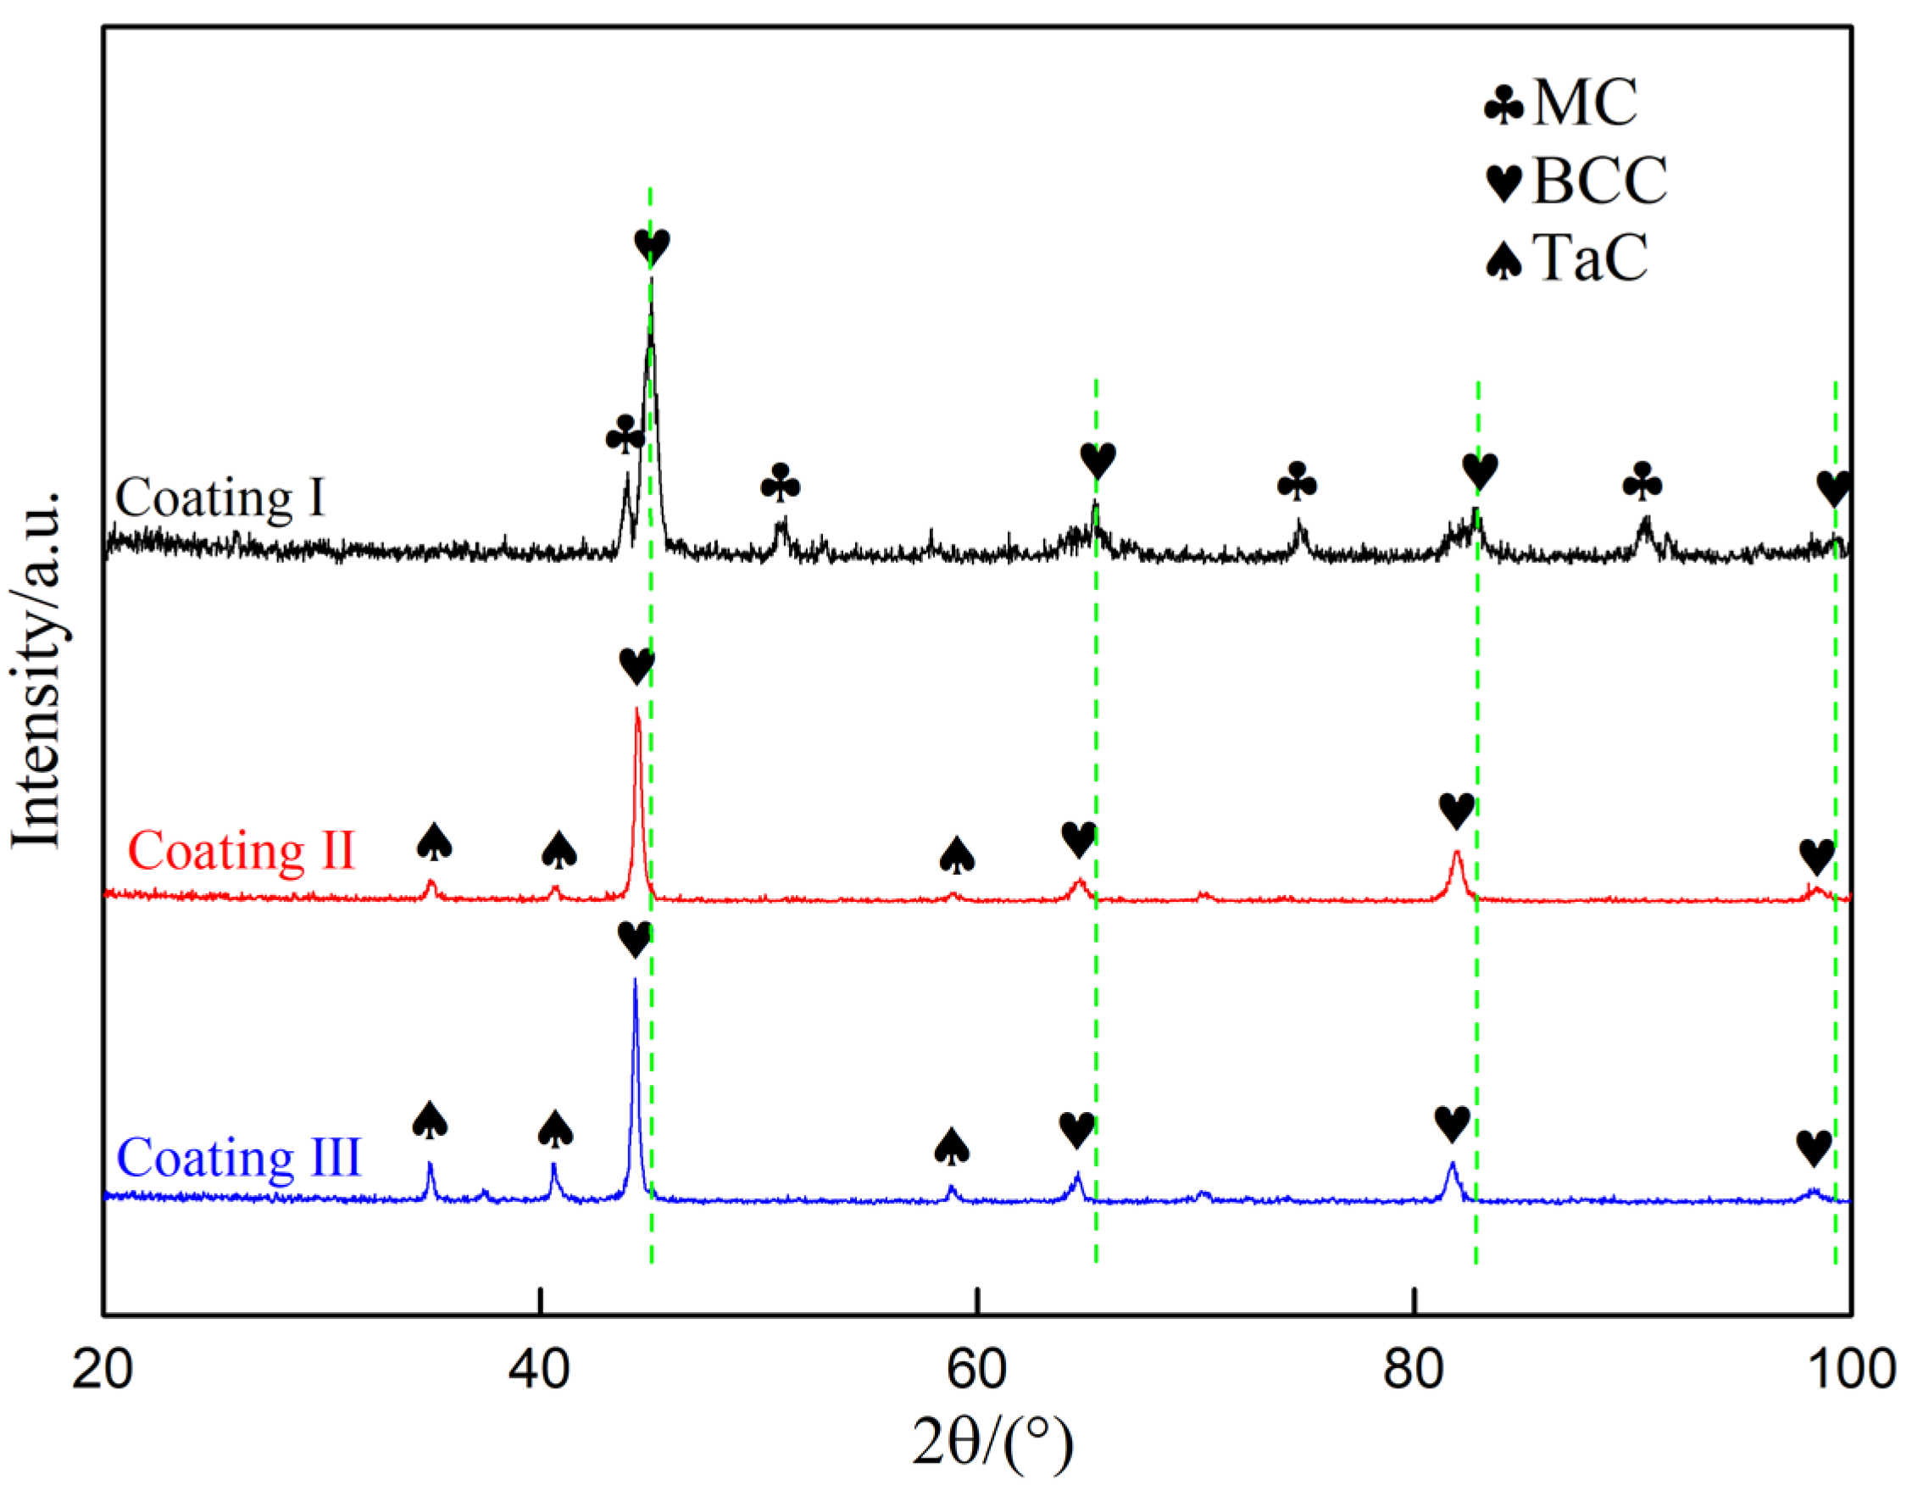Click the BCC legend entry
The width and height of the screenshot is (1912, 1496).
click(1576, 181)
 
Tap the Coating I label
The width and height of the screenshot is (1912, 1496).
click(220, 498)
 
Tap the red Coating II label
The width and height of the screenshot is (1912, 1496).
click(241, 850)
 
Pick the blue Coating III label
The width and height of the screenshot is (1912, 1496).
click(238, 1158)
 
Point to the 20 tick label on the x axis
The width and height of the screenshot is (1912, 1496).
click(103, 1368)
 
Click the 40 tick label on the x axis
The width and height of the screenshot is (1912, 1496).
click(540, 1368)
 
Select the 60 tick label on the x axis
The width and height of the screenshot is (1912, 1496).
click(976, 1368)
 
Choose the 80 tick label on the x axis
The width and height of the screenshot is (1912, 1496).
click(1414, 1368)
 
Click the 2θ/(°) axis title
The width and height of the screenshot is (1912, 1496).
click(992, 1443)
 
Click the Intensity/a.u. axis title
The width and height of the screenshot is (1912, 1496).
click(36, 670)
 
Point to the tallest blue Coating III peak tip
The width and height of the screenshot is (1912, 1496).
click(635, 979)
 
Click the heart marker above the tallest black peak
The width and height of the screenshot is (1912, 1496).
click(653, 247)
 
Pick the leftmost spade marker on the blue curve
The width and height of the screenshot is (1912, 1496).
click(430, 1121)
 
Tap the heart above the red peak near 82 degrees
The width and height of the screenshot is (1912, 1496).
click(1457, 811)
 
